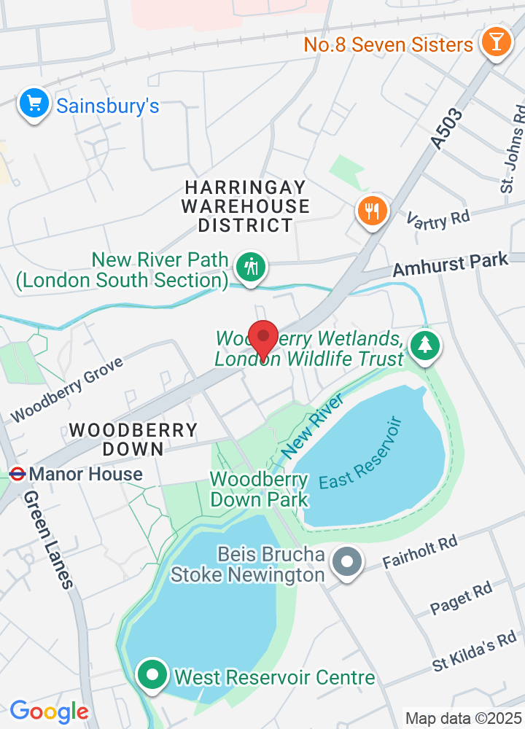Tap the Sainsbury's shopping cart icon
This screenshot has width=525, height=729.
click(34, 104)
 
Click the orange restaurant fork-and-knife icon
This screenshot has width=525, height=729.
click(373, 211)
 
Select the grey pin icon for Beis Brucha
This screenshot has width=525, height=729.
click(347, 562)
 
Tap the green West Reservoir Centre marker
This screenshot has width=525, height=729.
click(152, 675)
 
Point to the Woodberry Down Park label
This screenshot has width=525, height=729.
click(259, 489)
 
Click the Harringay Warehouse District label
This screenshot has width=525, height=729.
click(245, 206)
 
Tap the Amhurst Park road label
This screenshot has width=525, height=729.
click(450, 265)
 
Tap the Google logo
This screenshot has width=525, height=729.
click(49, 711)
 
